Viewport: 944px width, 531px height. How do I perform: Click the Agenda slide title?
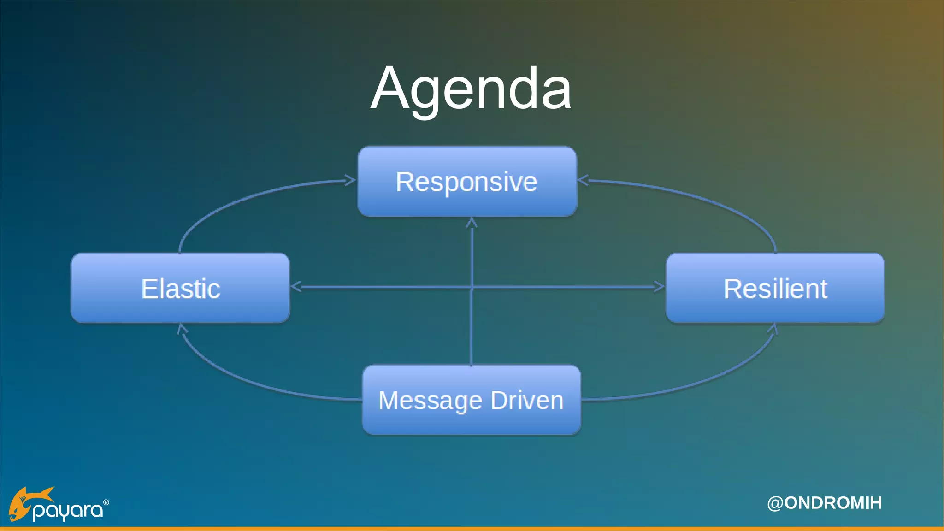point(471,88)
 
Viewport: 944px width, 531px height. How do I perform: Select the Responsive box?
point(467,181)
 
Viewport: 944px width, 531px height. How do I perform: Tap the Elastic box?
point(180,288)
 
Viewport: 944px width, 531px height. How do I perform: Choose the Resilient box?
point(775,288)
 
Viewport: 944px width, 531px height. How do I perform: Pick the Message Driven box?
point(471,400)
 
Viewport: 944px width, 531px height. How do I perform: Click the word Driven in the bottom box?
point(527,400)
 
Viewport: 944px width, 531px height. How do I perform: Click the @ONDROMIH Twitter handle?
point(824,503)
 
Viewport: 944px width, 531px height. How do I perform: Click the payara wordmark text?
point(68,510)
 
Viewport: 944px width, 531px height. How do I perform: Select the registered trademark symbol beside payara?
point(106,502)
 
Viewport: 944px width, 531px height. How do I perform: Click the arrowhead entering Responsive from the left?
point(351,180)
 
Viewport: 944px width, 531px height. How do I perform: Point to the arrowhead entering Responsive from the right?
point(583,180)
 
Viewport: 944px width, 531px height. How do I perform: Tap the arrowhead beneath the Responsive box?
point(471,223)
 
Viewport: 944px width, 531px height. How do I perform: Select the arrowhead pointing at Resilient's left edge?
point(660,287)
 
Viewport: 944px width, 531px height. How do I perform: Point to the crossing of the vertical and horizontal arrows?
point(471,287)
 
